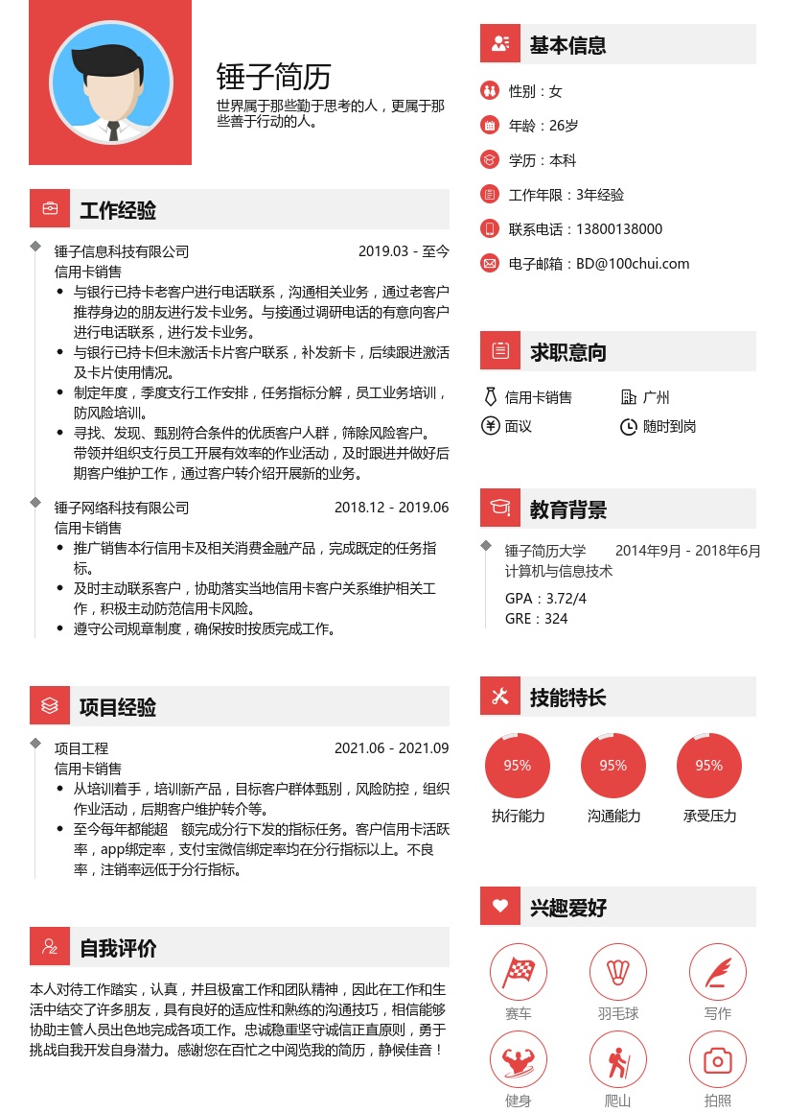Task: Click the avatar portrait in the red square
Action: coord(110,83)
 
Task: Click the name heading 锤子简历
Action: coord(274,76)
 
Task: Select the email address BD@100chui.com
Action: coord(633,264)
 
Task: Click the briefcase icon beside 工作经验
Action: coord(49,209)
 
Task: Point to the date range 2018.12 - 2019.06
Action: coord(391,508)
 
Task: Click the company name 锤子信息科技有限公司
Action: coord(122,252)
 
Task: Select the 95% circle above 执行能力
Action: coord(518,766)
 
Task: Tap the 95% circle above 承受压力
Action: coord(709,766)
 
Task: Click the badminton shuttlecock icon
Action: coord(618,972)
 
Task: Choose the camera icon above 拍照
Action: coord(718,1060)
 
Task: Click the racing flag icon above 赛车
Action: coord(519,972)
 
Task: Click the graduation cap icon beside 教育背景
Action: coord(499,509)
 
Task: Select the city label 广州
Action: coord(657,397)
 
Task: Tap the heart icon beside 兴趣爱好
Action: coord(499,906)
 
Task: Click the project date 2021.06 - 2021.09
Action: coord(391,748)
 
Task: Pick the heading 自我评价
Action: coord(118,949)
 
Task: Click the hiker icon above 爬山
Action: coord(618,1060)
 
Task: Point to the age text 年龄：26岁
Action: coord(543,126)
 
